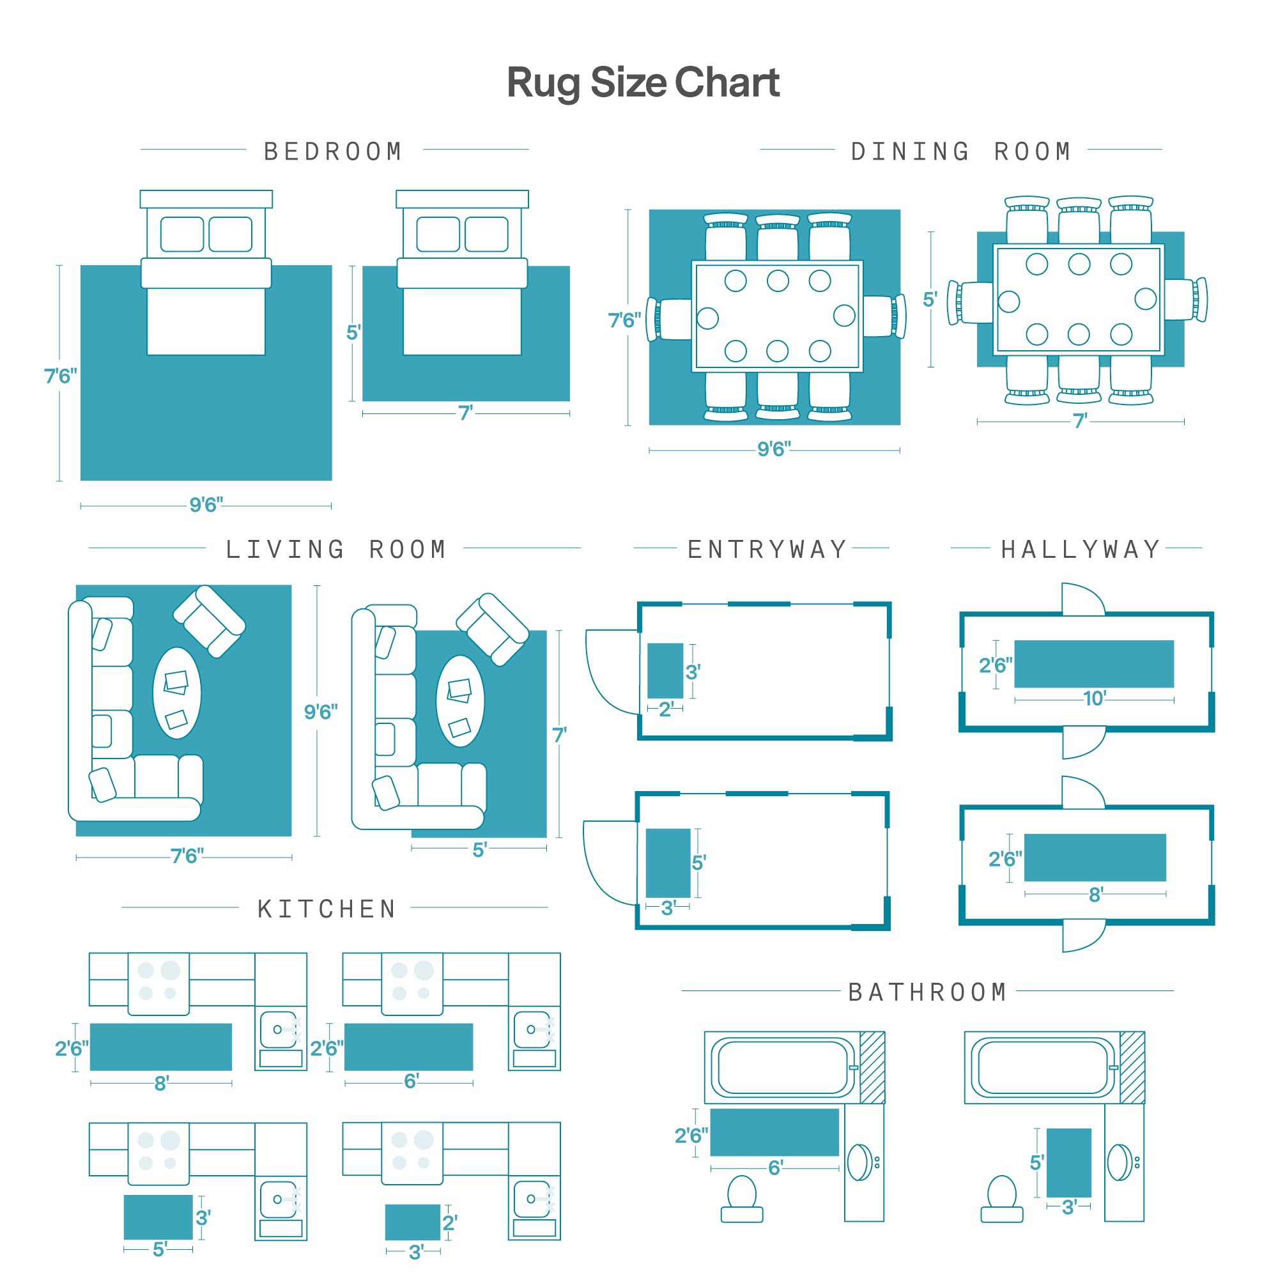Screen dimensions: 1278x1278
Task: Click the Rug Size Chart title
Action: pos(643,83)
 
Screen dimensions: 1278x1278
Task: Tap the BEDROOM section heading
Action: pos(334,151)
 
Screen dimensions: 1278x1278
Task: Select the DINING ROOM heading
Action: pos(960,151)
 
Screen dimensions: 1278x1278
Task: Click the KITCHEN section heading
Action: pos(327,909)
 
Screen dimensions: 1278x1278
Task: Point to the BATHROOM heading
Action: pos(927,992)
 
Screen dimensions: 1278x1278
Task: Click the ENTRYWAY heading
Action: pos(767,550)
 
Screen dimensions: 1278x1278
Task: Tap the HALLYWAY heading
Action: pos(1081,550)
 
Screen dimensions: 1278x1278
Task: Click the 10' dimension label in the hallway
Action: pos(1095,698)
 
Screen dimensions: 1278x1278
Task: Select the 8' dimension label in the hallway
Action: pos(1096,895)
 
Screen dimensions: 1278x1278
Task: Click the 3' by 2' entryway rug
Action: pos(665,671)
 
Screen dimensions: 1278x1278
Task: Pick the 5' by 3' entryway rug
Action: pos(668,863)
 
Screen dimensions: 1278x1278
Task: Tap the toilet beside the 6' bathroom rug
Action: pos(741,1199)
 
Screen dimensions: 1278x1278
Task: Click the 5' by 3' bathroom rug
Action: pos(1069,1163)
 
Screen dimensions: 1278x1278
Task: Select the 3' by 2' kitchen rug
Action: pos(413,1222)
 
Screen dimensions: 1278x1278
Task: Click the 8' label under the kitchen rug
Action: pos(162,1084)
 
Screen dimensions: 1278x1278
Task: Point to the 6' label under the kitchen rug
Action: pos(412,1081)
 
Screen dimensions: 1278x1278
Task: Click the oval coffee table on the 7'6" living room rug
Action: pos(176,693)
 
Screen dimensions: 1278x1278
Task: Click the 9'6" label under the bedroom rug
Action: pos(206,505)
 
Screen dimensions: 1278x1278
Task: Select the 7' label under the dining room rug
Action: pos(1080,420)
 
